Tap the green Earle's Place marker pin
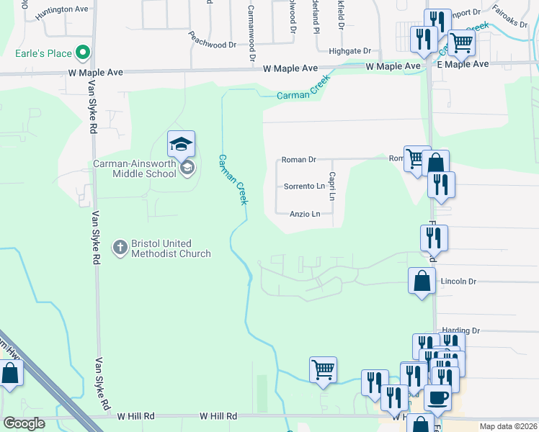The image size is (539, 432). [x=83, y=53]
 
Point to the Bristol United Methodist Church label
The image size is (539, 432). [x=171, y=248]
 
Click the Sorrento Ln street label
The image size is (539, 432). [x=304, y=186]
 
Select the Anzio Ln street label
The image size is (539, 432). [x=304, y=214]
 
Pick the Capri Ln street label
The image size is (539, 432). [x=333, y=186]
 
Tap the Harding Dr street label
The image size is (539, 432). [x=461, y=330]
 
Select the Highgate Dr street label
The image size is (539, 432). [x=349, y=51]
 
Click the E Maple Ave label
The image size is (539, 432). [x=463, y=64]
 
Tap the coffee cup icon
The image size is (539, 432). [x=437, y=397]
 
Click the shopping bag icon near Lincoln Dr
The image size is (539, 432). [x=422, y=282]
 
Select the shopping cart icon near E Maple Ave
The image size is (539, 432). [x=461, y=42]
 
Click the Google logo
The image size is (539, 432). [x=24, y=423]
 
